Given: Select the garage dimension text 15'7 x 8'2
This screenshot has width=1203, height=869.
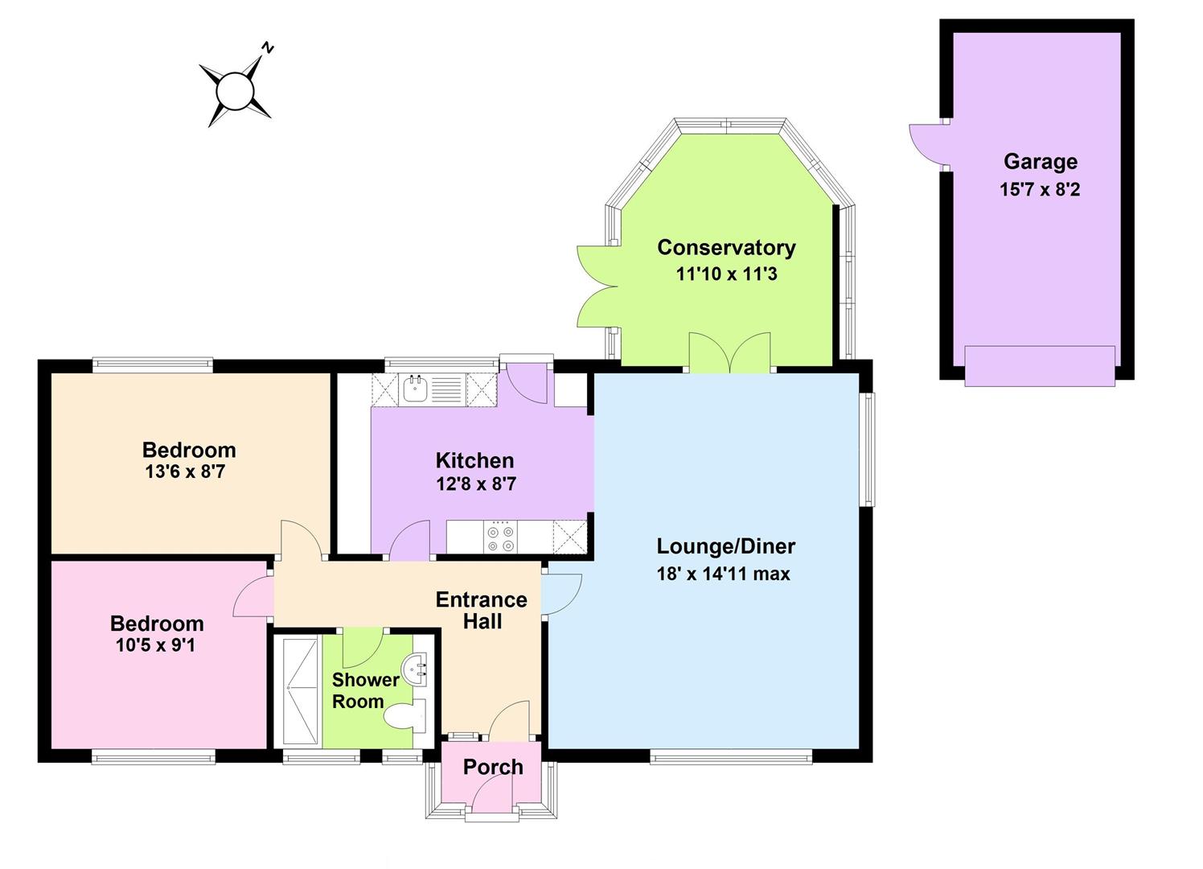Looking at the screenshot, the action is coord(1040,190).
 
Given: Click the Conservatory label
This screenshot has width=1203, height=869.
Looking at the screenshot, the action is coord(726,248).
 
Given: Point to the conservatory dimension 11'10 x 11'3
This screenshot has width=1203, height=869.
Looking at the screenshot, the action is coord(726,274).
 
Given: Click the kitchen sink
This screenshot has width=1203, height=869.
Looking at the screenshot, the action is coord(416,389).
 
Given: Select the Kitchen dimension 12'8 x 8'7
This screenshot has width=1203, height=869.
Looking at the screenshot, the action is coord(476,484).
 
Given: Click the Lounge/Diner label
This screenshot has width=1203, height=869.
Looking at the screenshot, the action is coord(725,547).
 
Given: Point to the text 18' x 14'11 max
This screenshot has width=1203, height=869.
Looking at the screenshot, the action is coord(724,574).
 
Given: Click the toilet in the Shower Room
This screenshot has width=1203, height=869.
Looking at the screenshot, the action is coord(405,716).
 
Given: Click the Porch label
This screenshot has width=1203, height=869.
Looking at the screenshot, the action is coord(493,768).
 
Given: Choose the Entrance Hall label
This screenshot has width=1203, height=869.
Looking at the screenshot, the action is coord(482,611).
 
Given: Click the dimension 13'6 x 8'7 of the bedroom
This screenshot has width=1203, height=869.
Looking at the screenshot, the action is coord(185,472).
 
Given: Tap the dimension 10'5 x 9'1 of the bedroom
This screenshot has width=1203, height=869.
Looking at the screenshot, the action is coord(156,645).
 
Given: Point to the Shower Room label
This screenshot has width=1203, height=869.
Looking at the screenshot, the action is coord(365,691).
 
